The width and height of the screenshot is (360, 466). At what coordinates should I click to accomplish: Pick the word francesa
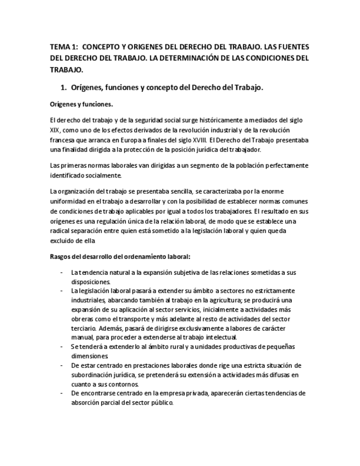point(63,141)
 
